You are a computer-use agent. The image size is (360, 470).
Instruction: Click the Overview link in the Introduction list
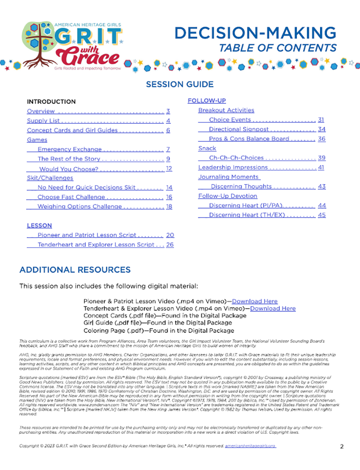41,111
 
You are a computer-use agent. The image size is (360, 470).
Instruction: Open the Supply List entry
43,121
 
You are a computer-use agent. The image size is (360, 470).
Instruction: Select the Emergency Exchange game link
70,149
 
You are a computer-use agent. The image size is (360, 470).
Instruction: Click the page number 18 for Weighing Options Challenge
169,207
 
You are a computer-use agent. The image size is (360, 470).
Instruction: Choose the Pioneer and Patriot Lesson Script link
87,235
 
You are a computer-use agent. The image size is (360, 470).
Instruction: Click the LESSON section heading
39,226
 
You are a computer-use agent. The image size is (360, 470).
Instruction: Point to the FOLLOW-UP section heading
207,101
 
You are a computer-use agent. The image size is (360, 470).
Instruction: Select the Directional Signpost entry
239,129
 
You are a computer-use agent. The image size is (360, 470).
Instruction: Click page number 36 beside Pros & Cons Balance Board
322,139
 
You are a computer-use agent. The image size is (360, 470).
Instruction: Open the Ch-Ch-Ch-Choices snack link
236,158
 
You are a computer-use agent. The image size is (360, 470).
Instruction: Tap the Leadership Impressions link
233,168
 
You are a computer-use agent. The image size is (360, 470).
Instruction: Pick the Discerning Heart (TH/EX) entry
247,215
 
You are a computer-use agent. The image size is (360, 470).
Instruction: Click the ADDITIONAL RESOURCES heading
75,270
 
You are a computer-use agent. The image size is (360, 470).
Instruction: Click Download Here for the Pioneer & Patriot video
255,302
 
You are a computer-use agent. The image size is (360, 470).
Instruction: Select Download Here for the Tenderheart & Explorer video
273,309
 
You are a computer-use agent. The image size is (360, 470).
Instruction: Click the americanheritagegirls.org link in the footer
250,446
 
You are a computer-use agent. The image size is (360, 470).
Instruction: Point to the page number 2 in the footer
342,446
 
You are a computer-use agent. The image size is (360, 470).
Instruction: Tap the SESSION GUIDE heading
180,84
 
